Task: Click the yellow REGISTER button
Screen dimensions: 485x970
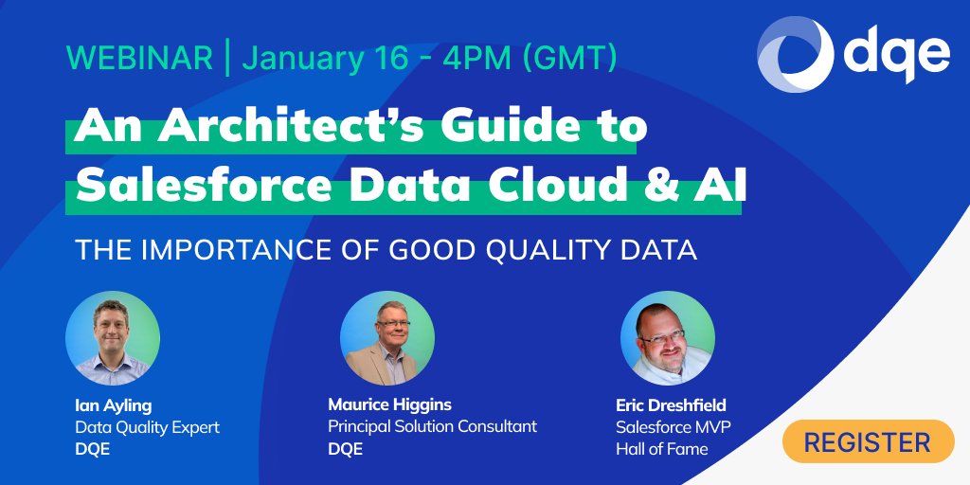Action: [x=868, y=441]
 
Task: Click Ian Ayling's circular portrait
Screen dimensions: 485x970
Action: [x=112, y=337]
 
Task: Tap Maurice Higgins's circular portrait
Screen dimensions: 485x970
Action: [x=386, y=337]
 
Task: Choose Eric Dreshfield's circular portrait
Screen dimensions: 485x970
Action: [x=667, y=337]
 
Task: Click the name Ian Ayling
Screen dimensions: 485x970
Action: [x=113, y=405]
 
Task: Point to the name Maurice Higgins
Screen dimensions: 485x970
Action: [x=389, y=404]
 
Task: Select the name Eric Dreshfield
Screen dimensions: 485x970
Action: [x=674, y=405]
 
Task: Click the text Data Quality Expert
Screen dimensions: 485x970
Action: [x=147, y=427]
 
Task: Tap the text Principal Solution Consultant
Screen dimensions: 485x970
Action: [x=432, y=426]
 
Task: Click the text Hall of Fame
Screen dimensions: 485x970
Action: [x=661, y=449]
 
